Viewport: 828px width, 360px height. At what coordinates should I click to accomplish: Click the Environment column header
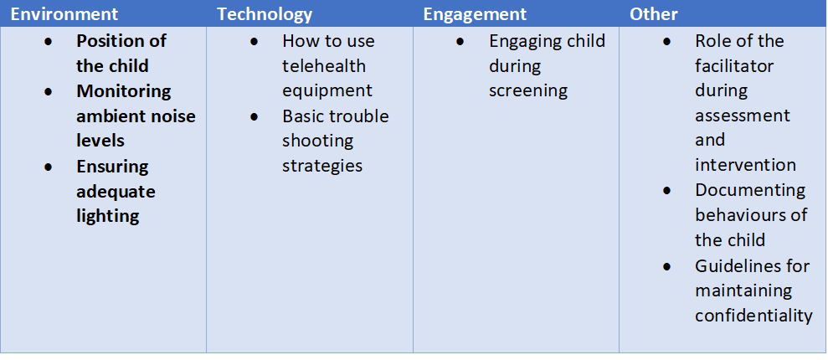click(x=64, y=14)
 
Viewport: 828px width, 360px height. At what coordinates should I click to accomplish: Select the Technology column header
click(x=265, y=14)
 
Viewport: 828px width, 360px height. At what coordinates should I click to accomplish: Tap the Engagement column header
click(x=475, y=14)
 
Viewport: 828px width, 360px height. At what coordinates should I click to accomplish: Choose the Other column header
click(x=653, y=14)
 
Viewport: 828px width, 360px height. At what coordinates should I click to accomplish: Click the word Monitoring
click(x=124, y=92)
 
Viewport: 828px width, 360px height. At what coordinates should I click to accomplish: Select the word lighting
click(x=108, y=217)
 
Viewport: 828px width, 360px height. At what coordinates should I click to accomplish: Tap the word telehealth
click(x=324, y=66)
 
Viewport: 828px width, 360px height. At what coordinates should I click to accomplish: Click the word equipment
click(x=327, y=90)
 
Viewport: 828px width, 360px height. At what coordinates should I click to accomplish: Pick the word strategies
click(x=322, y=167)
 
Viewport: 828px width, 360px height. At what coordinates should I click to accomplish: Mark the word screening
click(x=528, y=90)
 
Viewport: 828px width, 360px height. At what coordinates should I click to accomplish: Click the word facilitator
click(x=734, y=66)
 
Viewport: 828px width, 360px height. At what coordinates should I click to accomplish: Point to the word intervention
click(x=745, y=166)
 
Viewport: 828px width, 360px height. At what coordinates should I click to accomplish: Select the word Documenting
click(x=750, y=191)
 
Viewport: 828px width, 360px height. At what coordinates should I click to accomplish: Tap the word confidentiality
click(x=753, y=316)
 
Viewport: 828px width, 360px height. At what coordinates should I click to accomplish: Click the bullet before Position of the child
click(x=49, y=41)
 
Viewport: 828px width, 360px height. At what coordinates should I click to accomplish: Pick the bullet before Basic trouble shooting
click(x=255, y=116)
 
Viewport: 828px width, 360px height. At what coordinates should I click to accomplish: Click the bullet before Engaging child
click(x=460, y=41)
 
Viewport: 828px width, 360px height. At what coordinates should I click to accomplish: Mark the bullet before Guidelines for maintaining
click(x=667, y=266)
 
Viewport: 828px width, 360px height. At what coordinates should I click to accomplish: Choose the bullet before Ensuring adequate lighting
click(x=49, y=167)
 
